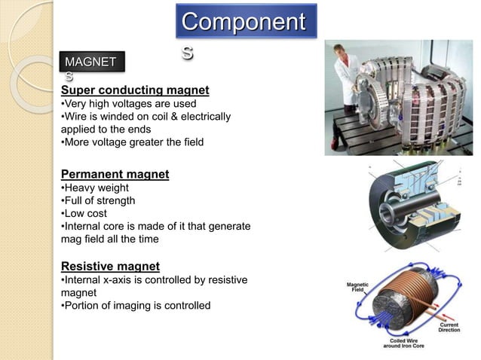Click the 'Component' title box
247,23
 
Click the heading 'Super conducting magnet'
134,90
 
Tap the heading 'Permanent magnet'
115,175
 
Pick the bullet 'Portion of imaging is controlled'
135,305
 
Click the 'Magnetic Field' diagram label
357,288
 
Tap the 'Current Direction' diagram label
453,328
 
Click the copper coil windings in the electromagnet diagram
411,290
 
